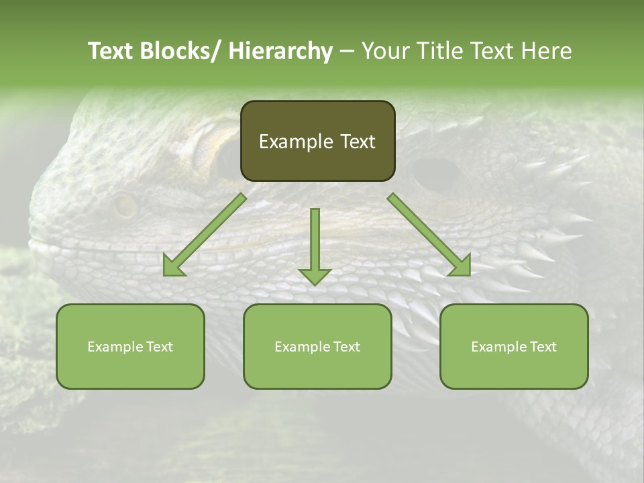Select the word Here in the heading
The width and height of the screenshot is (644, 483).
547,51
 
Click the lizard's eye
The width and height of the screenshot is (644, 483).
125,205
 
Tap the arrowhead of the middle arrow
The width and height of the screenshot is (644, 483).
315,276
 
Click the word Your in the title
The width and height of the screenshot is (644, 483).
384,51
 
